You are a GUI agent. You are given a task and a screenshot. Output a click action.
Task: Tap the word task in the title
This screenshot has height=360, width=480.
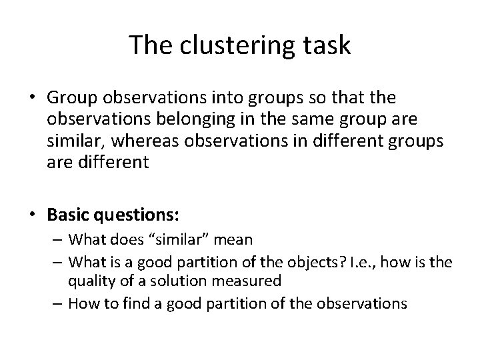click(326, 45)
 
